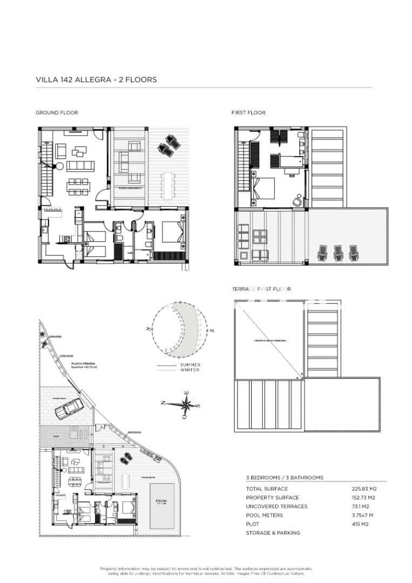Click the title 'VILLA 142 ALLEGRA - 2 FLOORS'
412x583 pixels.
point(96,79)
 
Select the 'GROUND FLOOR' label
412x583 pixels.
point(57,113)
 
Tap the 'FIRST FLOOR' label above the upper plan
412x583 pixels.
point(248,113)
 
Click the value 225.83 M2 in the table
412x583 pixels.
point(363,489)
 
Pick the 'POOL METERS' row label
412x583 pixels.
point(264,515)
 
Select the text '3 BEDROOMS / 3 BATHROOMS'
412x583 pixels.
point(285,478)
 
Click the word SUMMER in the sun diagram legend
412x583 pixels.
point(190,365)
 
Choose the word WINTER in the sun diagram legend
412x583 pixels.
point(190,370)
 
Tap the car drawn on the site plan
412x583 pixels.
point(69,408)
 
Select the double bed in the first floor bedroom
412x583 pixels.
point(263,188)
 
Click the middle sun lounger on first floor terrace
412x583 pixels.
point(339,252)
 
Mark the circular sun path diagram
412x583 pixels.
point(178,330)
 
